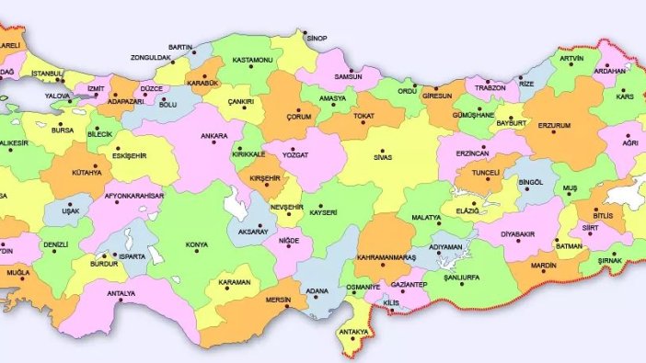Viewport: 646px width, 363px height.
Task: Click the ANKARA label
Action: tap(213, 137)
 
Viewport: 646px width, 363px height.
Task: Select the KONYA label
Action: tap(196, 245)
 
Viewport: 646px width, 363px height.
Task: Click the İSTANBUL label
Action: tap(46, 72)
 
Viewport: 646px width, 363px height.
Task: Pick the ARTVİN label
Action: tap(571, 58)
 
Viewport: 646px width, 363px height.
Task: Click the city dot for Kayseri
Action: tap(312, 208)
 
